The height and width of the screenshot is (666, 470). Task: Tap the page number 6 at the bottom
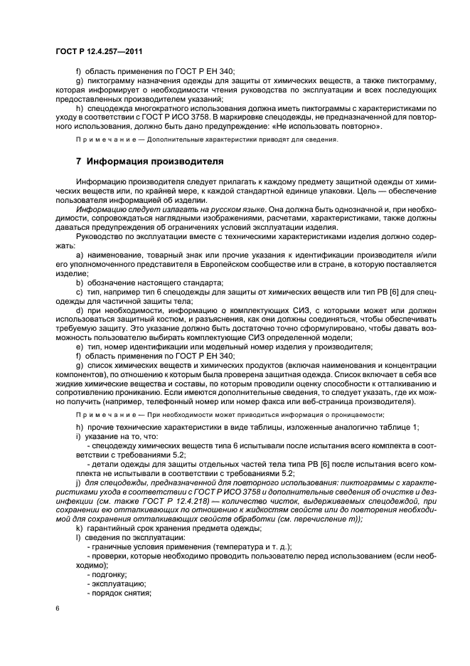pos(58,609)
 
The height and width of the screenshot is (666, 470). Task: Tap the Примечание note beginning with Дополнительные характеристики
pos(207,139)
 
